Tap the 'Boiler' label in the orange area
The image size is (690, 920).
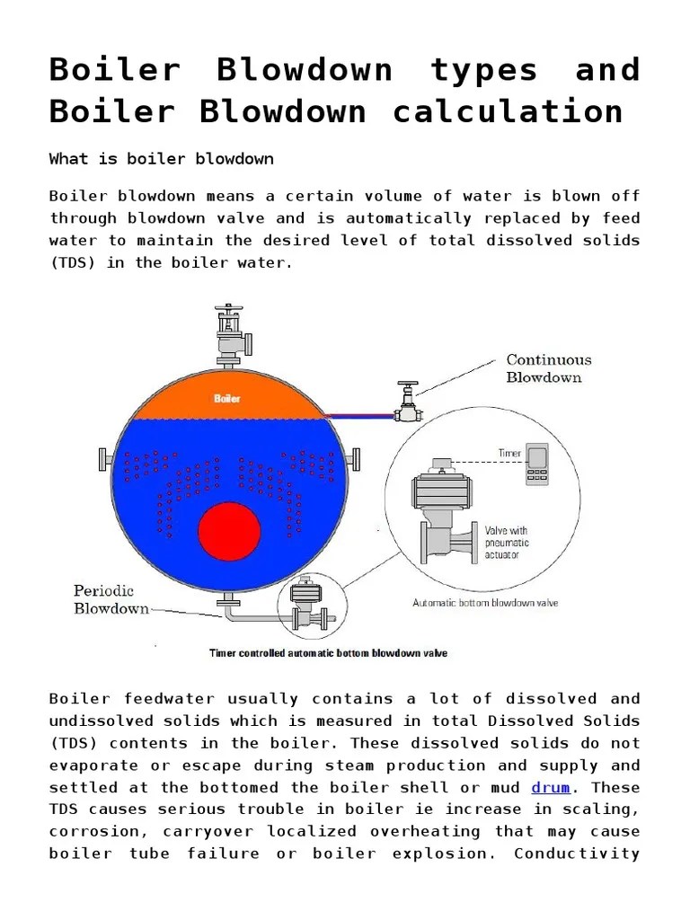point(226,398)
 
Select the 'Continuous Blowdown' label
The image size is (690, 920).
point(549,368)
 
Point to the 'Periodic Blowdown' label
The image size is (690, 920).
point(111,599)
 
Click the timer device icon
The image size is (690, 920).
point(538,466)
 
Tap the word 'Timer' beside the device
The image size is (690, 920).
point(510,454)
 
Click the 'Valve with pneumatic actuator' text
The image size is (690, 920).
point(508,543)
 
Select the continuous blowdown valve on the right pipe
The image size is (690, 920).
point(409,402)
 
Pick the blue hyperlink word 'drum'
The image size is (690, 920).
point(551,788)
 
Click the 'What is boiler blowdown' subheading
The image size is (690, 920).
point(161,159)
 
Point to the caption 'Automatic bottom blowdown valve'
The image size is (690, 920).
point(485,603)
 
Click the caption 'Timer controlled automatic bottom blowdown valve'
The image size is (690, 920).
point(328,653)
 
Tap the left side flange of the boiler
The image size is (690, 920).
point(105,459)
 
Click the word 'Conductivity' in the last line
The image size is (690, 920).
point(576,854)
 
